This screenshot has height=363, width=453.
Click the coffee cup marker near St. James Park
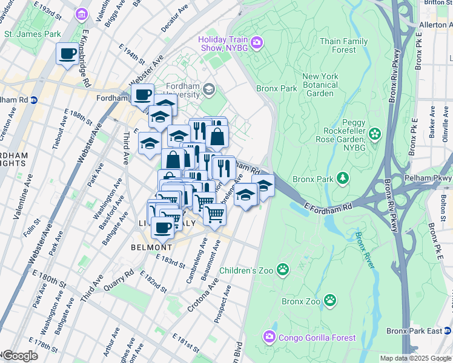pos(67,53)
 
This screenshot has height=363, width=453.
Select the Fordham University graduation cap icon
pos(209,90)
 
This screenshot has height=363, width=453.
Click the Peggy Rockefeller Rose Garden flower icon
pos(375,133)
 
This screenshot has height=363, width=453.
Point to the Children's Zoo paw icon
pos(282,269)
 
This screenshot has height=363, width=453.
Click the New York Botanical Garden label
pos(320,85)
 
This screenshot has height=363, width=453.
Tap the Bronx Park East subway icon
pos(447,331)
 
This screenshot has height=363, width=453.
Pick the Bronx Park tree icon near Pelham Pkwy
pos(343,178)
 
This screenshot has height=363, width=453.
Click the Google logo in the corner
pos(19,356)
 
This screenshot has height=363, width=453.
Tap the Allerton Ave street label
pos(436,25)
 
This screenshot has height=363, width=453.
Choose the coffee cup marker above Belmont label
pos(162,228)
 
